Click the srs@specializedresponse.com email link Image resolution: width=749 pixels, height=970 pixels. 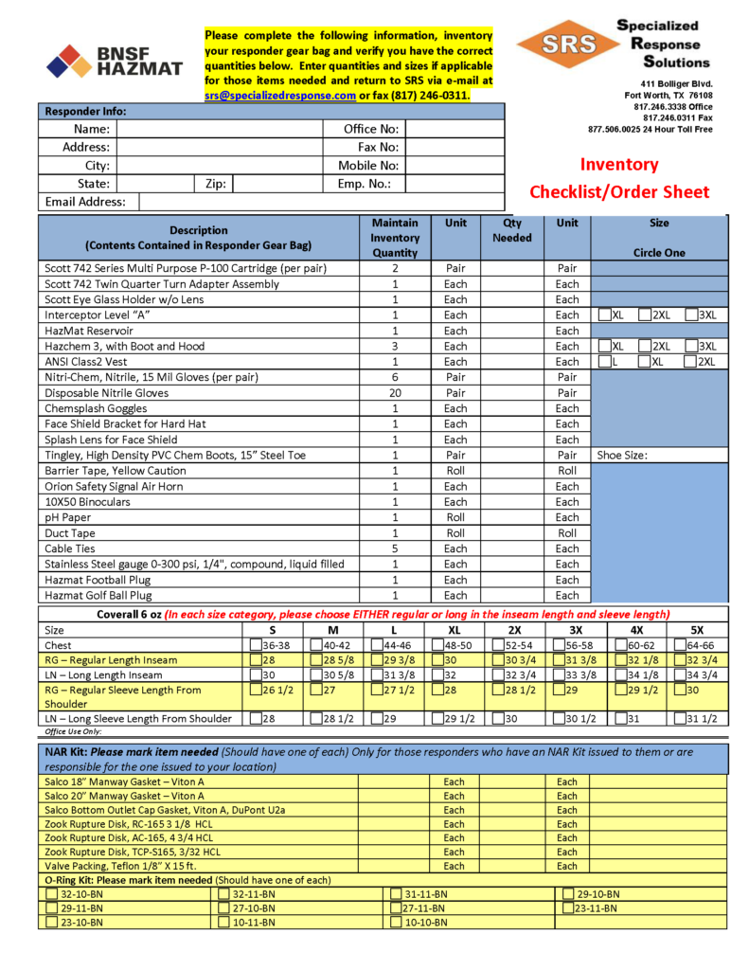tap(280, 96)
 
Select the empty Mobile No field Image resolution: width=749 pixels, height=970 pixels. tap(455, 166)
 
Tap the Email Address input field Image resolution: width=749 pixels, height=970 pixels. tap(321, 202)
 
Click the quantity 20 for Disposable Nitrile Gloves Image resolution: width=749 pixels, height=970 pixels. tap(395, 393)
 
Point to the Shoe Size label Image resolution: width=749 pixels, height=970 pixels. tap(621, 455)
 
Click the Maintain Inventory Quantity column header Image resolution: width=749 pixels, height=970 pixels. tap(395, 238)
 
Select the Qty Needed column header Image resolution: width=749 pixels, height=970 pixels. tap(512, 230)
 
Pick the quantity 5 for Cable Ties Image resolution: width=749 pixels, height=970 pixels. tap(395, 548)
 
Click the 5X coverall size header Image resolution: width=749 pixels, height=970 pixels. tap(697, 629)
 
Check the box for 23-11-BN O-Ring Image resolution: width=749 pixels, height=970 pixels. tap(567, 907)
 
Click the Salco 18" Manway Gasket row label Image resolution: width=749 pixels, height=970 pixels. tap(124, 782)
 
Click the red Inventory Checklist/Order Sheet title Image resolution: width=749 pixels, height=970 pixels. tap(618, 177)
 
